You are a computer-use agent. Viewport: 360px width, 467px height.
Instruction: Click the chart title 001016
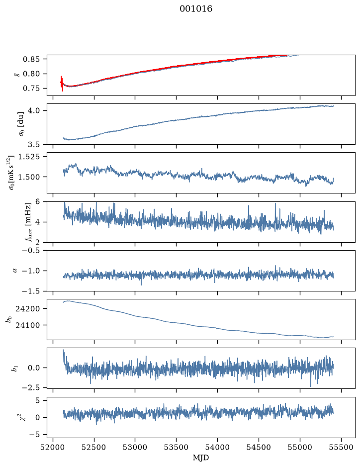point(196,9)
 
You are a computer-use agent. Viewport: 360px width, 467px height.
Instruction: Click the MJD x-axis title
point(201,458)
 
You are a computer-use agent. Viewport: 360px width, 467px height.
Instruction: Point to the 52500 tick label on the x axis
point(94,447)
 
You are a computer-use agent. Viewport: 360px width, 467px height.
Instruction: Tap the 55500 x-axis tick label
point(341,447)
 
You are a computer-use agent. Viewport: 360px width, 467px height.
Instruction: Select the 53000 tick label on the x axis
point(135,447)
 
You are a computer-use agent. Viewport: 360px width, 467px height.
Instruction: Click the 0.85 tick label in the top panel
point(31,59)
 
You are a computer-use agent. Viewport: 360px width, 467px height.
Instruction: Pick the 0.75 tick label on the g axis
point(31,89)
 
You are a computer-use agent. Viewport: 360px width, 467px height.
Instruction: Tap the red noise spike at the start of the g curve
point(62,84)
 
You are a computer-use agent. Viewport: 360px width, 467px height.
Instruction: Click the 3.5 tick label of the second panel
point(34,145)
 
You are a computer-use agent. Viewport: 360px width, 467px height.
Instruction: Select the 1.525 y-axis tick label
point(29,156)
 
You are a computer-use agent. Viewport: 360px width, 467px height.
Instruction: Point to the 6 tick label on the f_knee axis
point(37,201)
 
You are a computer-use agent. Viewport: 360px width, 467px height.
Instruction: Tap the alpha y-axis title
point(15,271)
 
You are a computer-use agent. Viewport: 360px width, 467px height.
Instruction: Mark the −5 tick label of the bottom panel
point(34,435)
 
